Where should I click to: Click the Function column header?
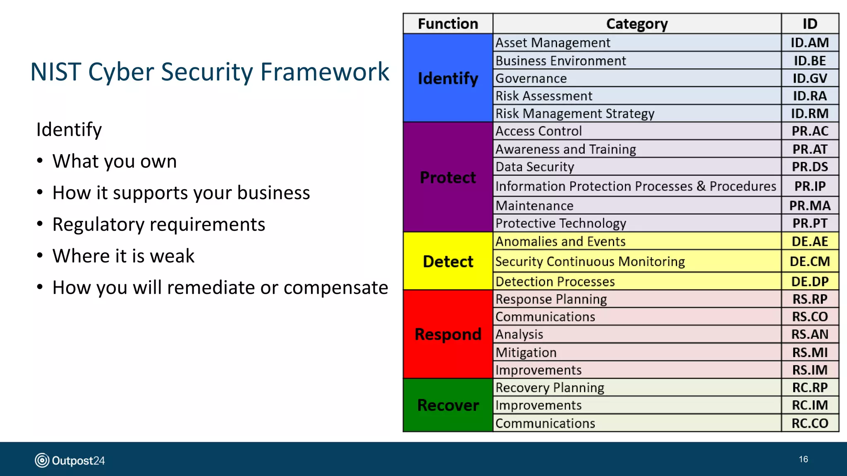(x=448, y=24)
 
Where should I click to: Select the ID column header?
(x=810, y=24)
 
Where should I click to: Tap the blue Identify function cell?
(x=448, y=78)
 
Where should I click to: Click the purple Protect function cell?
(x=448, y=177)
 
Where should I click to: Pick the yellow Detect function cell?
(x=448, y=261)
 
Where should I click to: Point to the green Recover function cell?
(x=448, y=405)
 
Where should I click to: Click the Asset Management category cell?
(x=553, y=43)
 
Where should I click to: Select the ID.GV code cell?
(x=810, y=78)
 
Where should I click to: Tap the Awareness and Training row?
(x=565, y=149)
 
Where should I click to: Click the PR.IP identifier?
(x=810, y=186)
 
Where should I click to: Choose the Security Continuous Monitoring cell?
(x=590, y=261)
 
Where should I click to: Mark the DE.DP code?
(x=810, y=281)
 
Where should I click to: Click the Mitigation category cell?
(x=526, y=352)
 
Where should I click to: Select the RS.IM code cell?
(x=810, y=370)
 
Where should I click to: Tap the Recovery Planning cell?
(x=550, y=388)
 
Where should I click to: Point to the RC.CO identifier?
(x=810, y=423)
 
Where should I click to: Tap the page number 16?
(x=803, y=459)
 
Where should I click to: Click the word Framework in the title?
(x=325, y=72)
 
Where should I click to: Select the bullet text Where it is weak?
(x=123, y=256)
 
